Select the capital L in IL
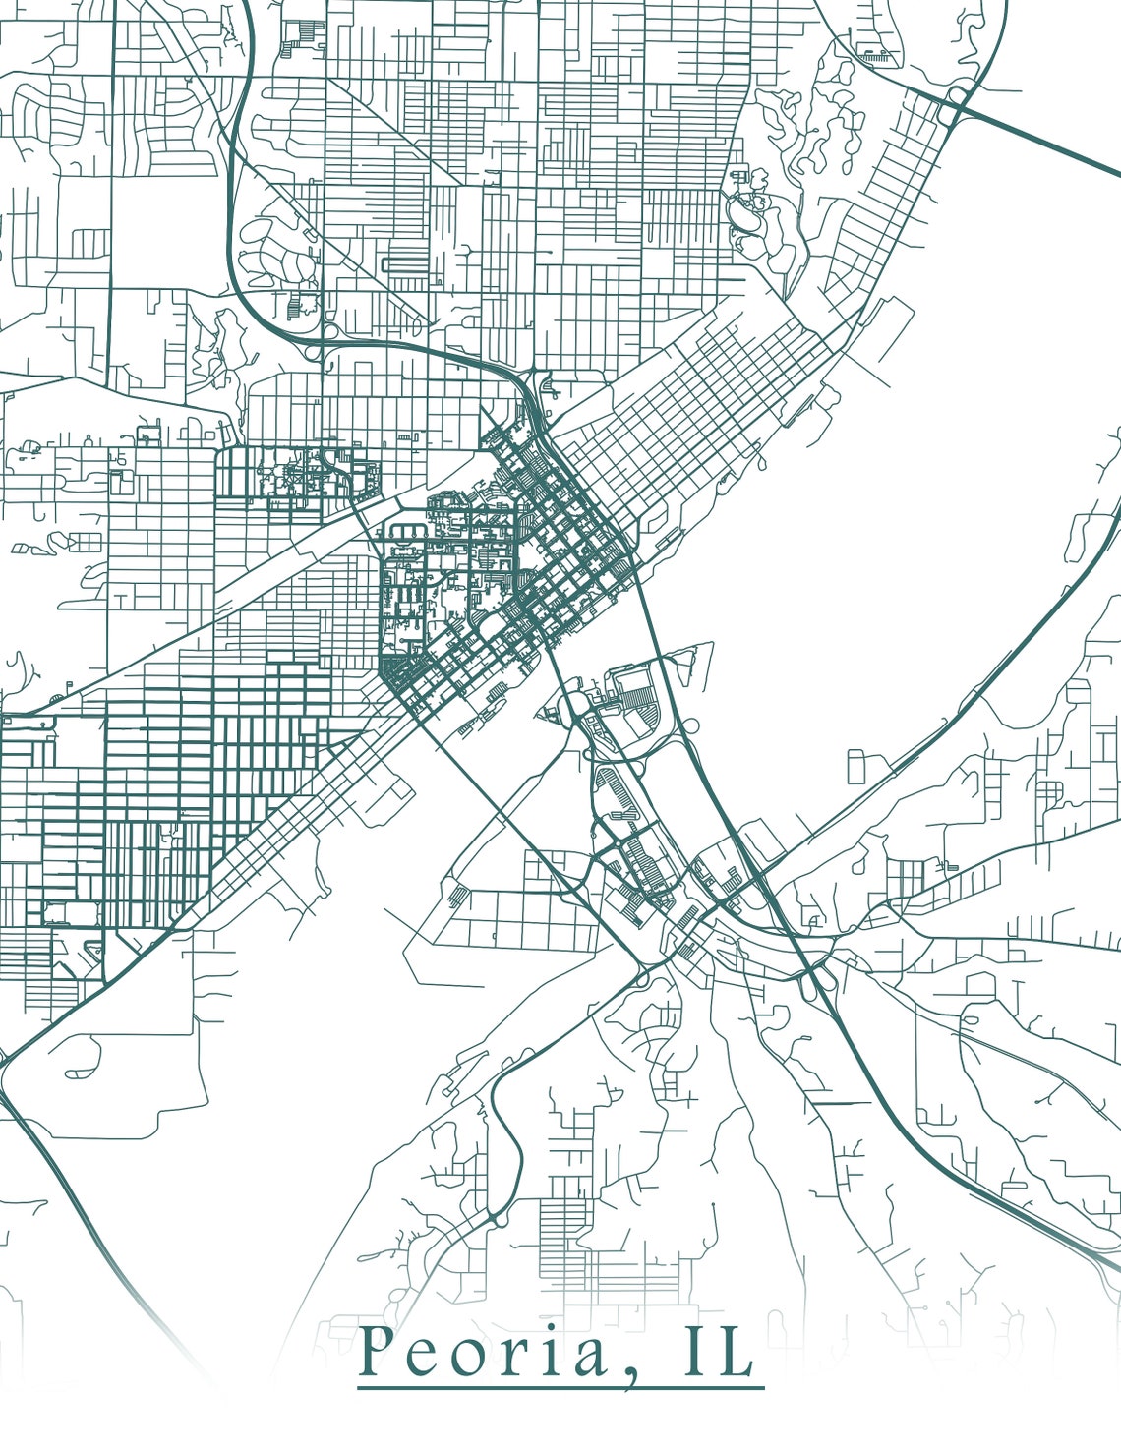[733, 1354]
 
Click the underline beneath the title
[560, 1388]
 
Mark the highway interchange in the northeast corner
[957, 98]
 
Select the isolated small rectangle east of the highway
[856, 767]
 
